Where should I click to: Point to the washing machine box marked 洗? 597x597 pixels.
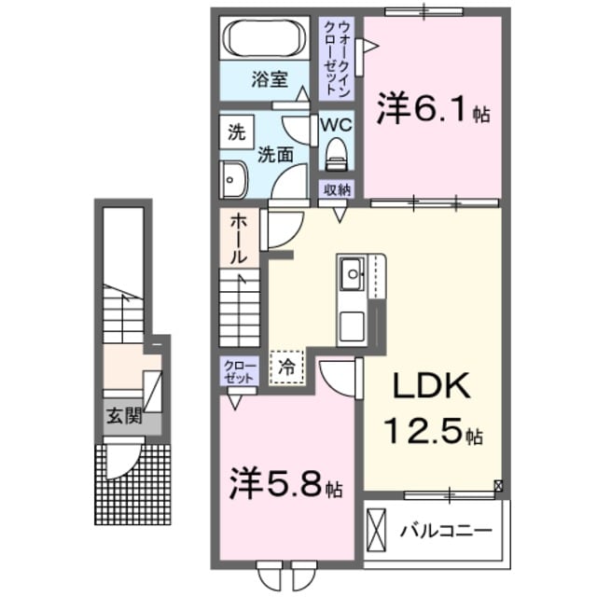(x=236, y=132)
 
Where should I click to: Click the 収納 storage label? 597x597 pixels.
(x=338, y=189)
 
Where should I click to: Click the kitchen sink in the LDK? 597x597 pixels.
(x=352, y=273)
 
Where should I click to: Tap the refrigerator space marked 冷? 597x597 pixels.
(x=288, y=367)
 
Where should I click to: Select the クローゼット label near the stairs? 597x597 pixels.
(x=238, y=372)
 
